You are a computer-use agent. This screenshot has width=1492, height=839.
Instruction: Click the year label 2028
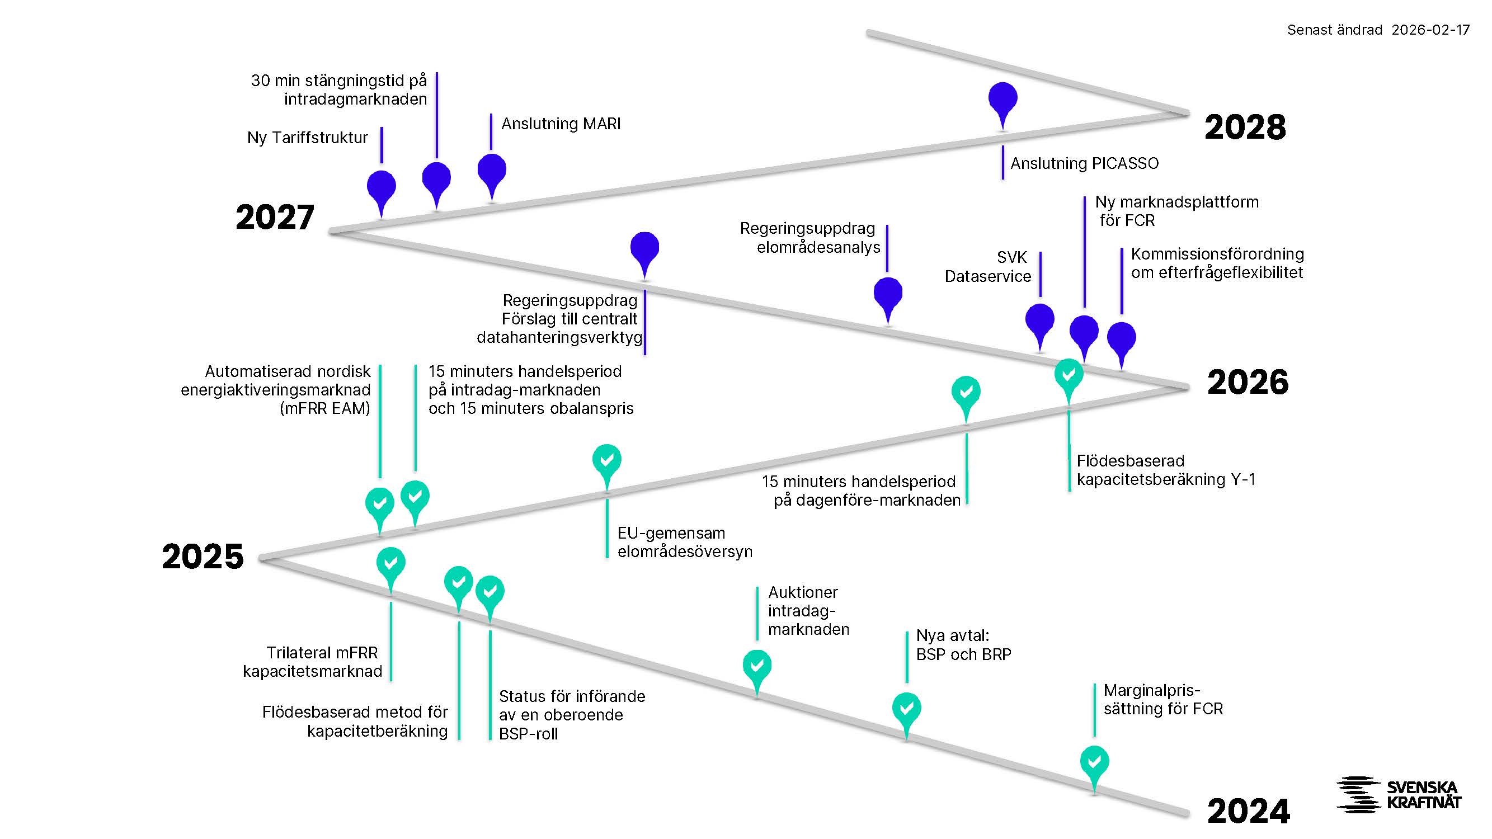[x=1245, y=127]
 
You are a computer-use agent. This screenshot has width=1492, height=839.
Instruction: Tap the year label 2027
[x=275, y=217]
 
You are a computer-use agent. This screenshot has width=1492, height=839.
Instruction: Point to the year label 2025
[x=203, y=557]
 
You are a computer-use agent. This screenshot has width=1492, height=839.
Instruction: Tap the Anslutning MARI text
[x=560, y=124]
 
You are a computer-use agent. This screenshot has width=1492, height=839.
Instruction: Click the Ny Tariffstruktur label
[x=308, y=138]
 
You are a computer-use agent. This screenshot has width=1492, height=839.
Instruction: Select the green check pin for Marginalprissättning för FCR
[x=1094, y=762]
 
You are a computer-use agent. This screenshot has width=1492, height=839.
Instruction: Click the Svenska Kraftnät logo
[x=1398, y=794]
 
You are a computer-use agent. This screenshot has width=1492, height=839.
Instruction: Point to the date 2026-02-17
[x=1430, y=30]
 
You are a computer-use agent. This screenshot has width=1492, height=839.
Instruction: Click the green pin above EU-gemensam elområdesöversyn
[x=606, y=461]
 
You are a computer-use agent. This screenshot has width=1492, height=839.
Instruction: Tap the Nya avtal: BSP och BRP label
[x=963, y=645]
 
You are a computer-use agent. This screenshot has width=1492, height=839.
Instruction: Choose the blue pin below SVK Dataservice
[x=1039, y=319]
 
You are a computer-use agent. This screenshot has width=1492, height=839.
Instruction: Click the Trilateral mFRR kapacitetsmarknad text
[x=313, y=662]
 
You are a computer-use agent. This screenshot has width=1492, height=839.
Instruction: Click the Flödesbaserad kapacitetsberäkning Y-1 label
[x=1165, y=470]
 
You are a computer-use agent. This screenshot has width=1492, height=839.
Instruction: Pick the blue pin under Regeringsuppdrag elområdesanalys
[x=887, y=294]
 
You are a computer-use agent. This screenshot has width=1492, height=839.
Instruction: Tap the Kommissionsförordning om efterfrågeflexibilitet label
[x=1216, y=263]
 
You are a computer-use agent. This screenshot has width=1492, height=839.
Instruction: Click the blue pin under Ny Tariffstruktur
[x=381, y=187]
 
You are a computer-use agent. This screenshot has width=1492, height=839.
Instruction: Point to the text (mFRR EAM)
[x=324, y=409]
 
